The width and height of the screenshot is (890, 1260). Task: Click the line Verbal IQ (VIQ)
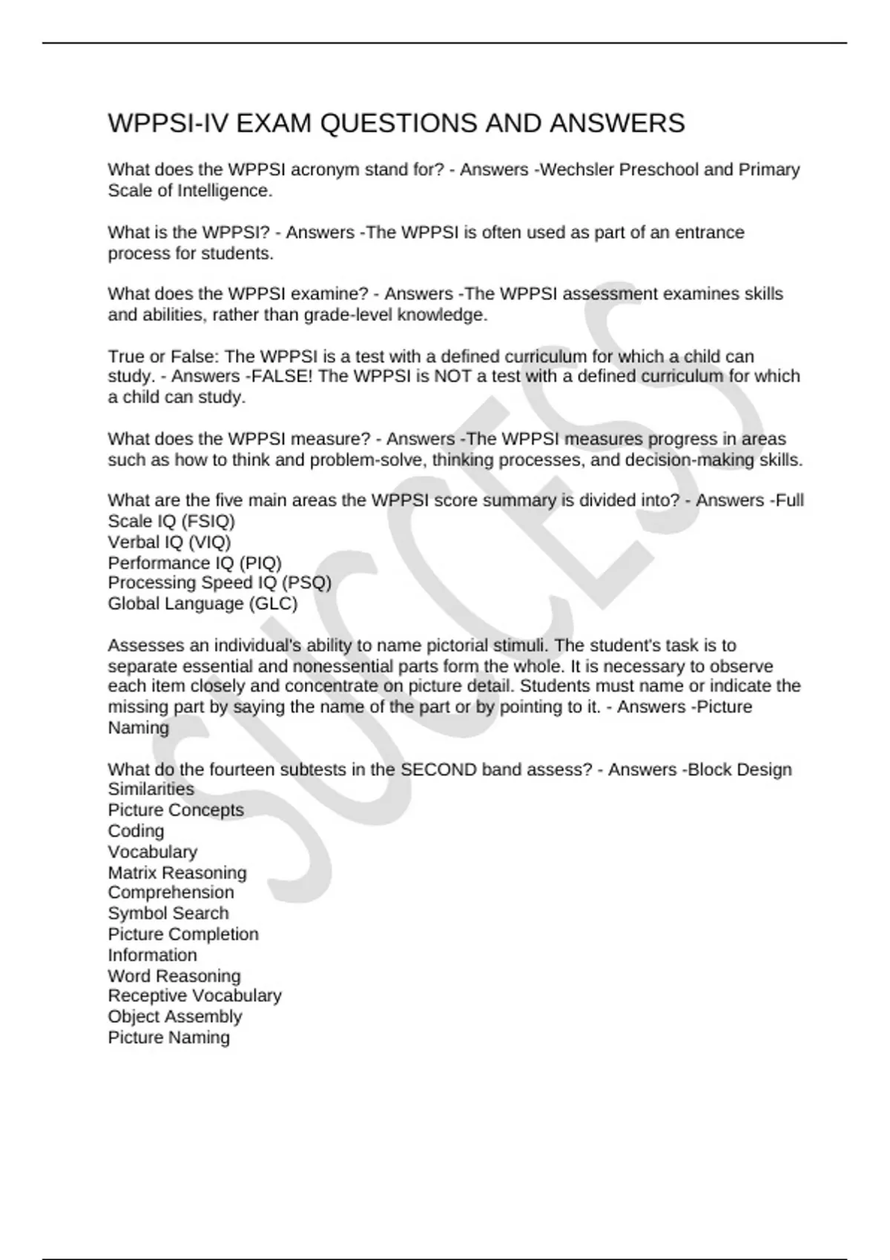169,542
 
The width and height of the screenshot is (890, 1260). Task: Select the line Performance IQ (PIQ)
194,563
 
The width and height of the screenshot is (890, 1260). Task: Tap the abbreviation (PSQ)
306,583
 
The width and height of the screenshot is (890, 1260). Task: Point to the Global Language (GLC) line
202,603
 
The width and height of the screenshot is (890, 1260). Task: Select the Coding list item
136,831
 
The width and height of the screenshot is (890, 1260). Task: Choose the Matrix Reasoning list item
177,872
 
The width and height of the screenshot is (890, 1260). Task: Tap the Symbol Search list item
168,913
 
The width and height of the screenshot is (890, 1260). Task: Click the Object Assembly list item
175,1016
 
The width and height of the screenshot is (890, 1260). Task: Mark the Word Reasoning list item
174,975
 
